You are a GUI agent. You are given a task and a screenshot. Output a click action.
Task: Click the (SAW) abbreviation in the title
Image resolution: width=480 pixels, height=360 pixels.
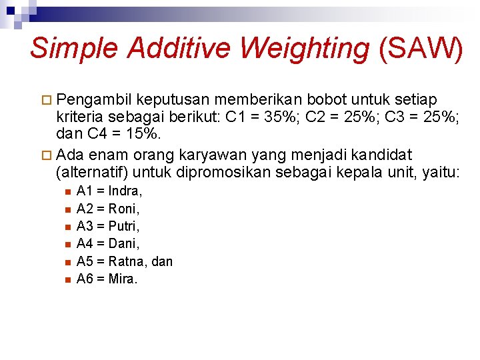click(420, 49)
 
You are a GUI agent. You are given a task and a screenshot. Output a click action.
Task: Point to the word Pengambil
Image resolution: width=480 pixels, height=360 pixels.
click(94, 99)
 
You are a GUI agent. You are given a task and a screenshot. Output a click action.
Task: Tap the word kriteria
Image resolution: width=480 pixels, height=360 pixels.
click(77, 117)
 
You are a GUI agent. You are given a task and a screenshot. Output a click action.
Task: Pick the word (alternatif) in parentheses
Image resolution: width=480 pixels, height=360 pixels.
click(92, 172)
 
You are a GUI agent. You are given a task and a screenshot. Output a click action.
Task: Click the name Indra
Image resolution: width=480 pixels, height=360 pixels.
click(125, 191)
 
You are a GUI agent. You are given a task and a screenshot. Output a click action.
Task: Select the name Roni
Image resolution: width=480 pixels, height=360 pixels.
click(123, 209)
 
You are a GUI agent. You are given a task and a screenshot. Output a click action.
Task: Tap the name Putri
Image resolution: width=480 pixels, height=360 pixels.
click(123, 227)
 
